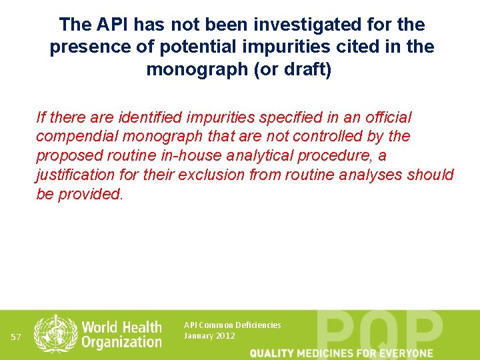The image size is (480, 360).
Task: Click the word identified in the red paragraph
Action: tap(151, 117)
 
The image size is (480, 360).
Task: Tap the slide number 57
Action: tap(17, 337)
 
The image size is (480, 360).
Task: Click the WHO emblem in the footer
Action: tap(55, 333)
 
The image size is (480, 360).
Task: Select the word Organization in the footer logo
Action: tap(121, 342)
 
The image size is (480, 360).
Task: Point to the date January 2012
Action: tap(209, 336)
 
